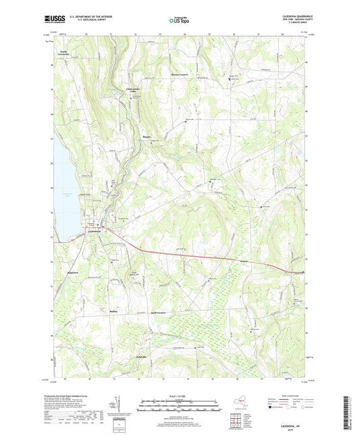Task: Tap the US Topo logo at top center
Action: pos(178,20)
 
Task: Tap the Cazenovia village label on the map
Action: pos(97,233)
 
